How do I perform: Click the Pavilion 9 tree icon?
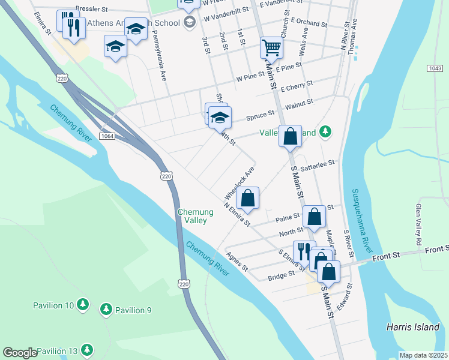click(106, 310)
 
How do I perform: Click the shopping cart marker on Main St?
click(271, 48)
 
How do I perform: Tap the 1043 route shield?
click(436, 69)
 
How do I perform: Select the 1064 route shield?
click(107, 136)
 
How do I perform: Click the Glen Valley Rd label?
click(418, 223)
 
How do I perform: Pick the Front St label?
click(385, 257)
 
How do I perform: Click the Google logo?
click(20, 353)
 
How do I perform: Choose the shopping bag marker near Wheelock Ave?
click(247, 197)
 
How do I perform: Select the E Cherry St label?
click(297, 86)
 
